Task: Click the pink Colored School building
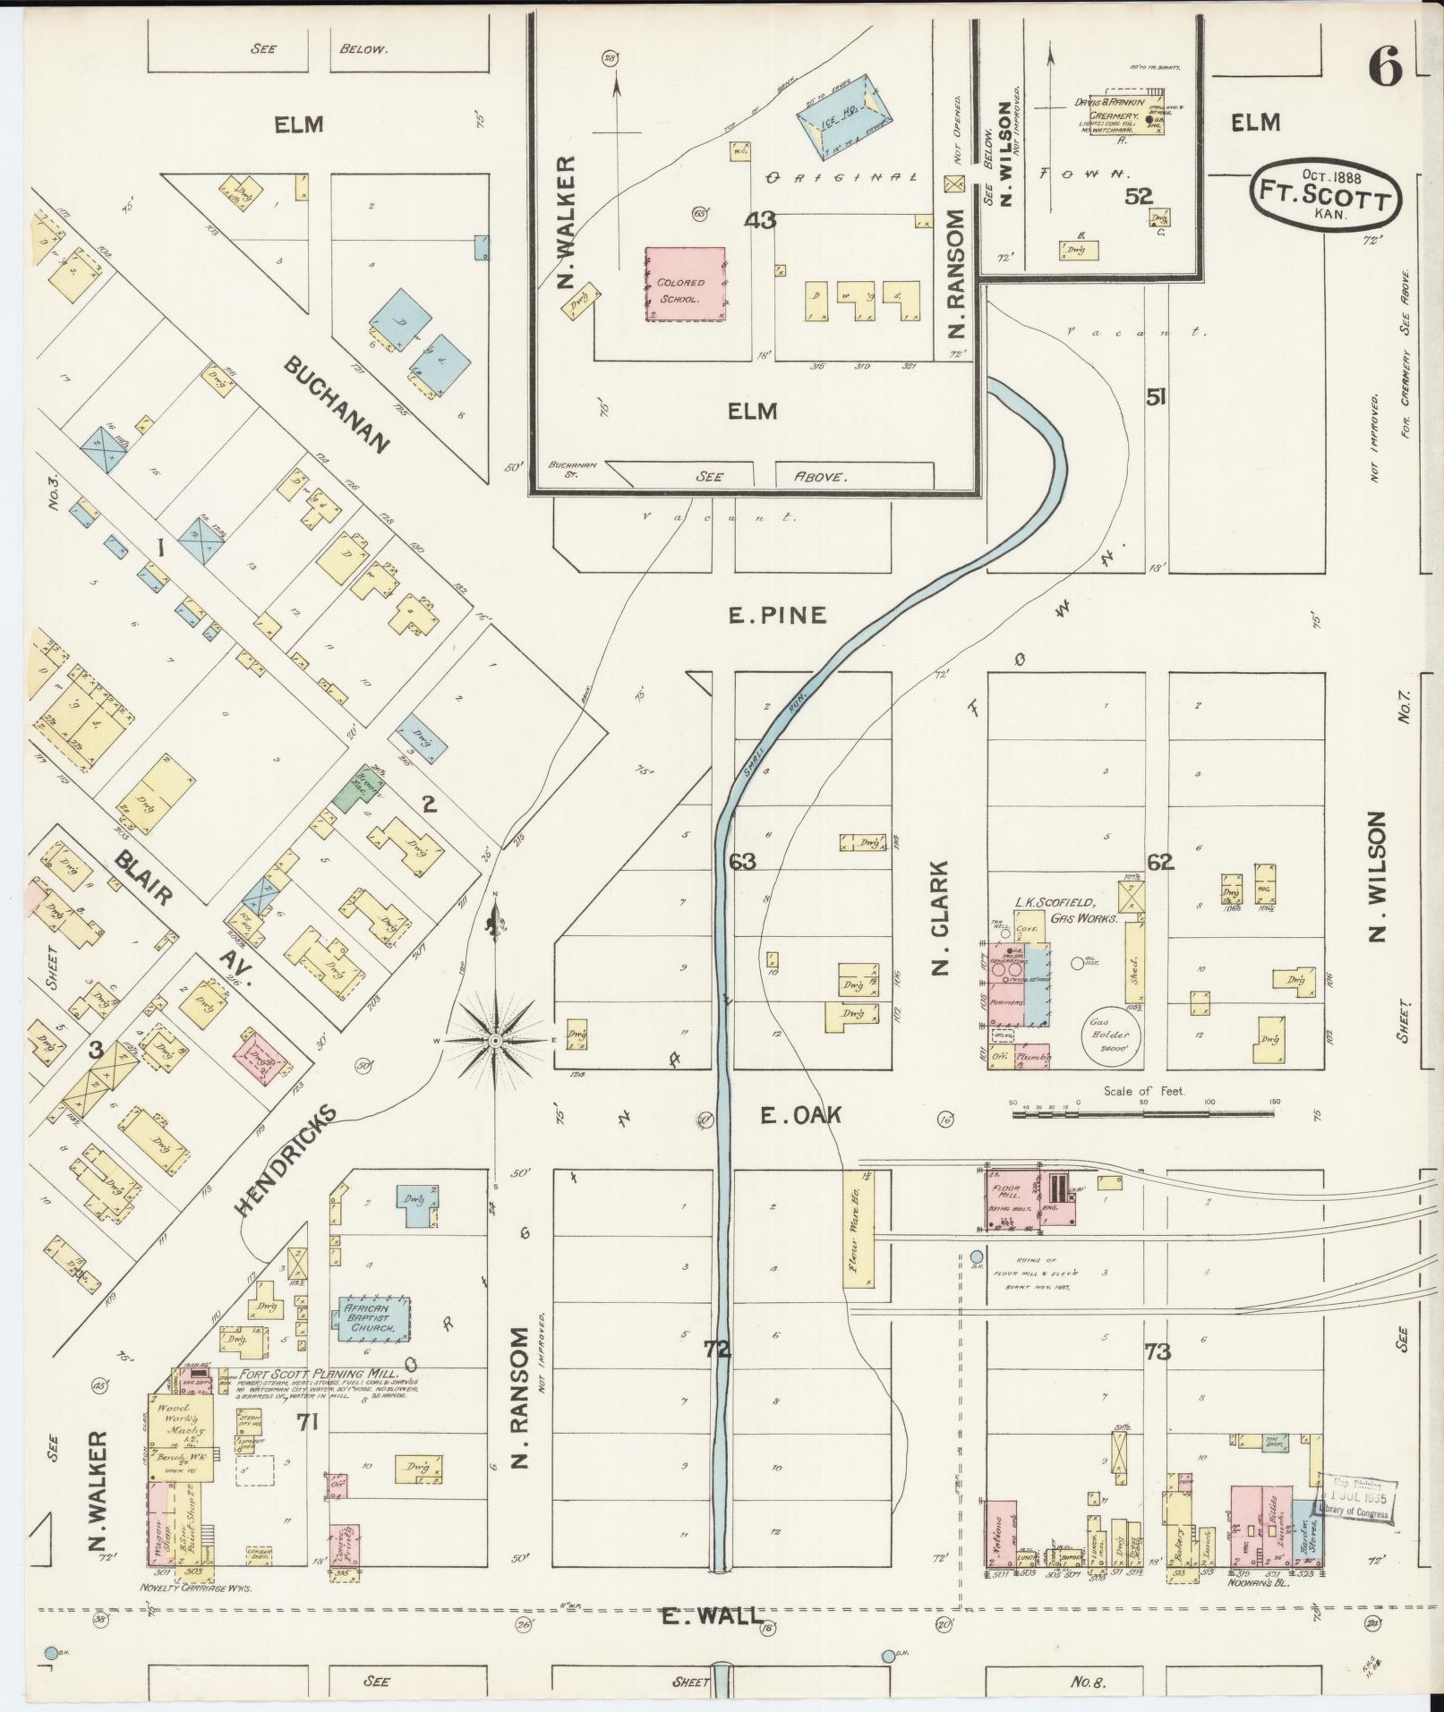point(685,285)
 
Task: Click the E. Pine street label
point(776,616)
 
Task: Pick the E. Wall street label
point(712,1616)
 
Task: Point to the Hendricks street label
point(286,1159)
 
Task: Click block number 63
point(742,862)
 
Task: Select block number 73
point(1157,1351)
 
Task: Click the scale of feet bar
point(1143,1114)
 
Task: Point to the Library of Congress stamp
point(1359,1497)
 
